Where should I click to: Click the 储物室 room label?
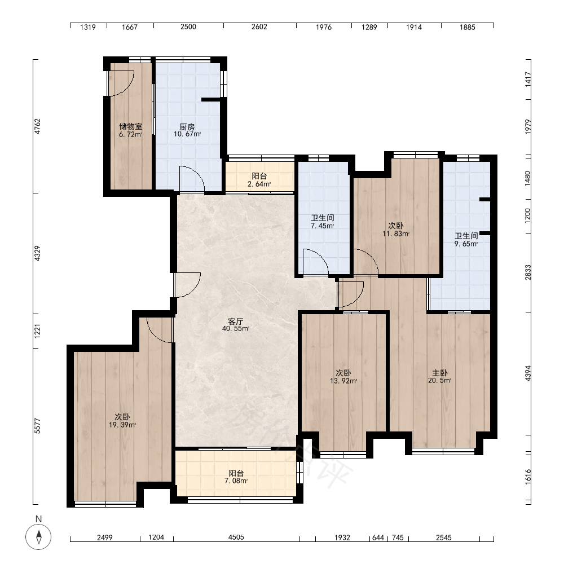tap(131, 126)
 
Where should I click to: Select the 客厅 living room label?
tap(236, 321)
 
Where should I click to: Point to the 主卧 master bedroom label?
tap(439, 373)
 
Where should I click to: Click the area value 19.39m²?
tap(122, 425)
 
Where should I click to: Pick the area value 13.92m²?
tap(343, 381)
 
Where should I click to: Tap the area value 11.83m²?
tap(396, 233)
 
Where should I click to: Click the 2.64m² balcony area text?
tap(259, 184)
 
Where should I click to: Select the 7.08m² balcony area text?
tap(236, 481)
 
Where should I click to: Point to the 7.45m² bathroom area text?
tap(322, 226)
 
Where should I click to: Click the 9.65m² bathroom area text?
tap(466, 244)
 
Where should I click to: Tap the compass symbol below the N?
tap(38, 537)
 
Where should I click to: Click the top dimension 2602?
tap(259, 27)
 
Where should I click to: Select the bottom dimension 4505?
tap(236, 537)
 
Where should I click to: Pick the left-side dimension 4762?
tap(37, 126)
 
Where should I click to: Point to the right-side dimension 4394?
tap(528, 373)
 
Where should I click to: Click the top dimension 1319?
tap(88, 27)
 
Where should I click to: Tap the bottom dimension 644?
tap(378, 537)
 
